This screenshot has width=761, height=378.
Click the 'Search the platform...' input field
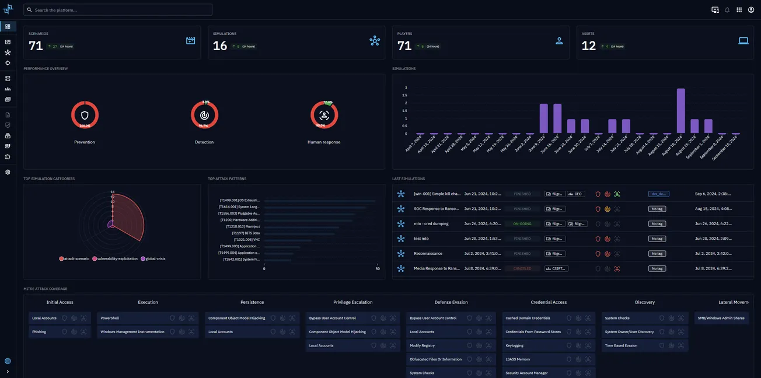point(117,10)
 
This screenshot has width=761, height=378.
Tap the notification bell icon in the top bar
point(727,10)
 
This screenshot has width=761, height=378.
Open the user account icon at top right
point(751,10)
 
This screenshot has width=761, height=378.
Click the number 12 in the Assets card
point(589,46)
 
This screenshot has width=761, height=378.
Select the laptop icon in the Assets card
point(743,41)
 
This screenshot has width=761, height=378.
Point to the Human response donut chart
point(324,116)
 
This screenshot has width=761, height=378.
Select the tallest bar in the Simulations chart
point(680,111)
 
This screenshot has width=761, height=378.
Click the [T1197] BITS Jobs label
point(246,233)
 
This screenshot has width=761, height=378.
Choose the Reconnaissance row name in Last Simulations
point(428,254)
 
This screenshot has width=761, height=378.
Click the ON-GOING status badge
point(522,223)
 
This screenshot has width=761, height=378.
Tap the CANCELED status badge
point(522,268)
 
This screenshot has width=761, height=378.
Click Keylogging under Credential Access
point(515,345)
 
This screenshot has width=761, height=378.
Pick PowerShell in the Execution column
point(110,318)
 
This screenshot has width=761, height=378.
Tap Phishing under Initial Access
point(39,332)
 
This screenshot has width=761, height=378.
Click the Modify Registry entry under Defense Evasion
point(422,345)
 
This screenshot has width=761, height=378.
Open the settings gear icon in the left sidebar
point(8,172)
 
